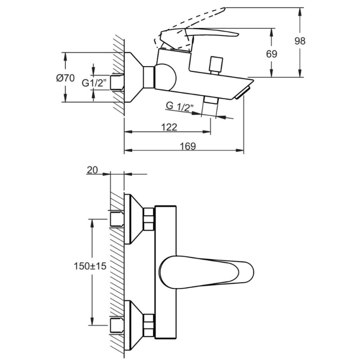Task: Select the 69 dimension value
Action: click(x=271, y=54)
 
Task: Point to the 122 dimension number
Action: click(x=168, y=127)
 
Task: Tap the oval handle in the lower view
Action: click(x=205, y=271)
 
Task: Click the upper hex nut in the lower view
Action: click(x=148, y=220)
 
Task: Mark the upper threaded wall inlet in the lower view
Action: click(x=117, y=220)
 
